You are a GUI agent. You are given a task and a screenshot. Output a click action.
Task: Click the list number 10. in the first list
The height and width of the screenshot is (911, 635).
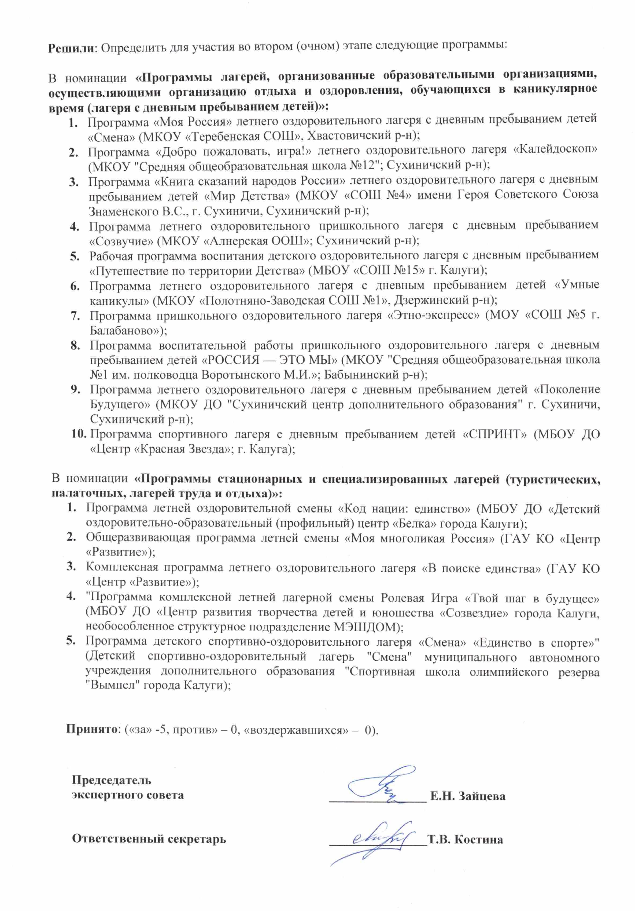tap(79, 434)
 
